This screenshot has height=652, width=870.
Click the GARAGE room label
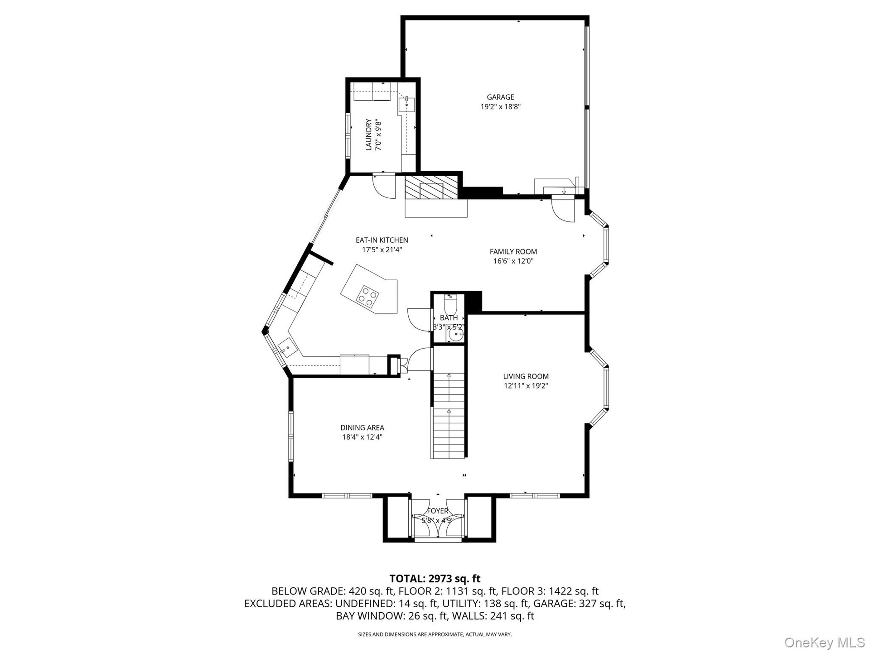[500, 97]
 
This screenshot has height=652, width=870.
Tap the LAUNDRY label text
[368, 134]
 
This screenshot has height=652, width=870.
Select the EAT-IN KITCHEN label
[382, 240]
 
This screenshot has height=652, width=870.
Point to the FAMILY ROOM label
[513, 251]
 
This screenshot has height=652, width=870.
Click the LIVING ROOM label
[526, 376]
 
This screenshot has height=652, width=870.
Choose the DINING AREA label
[362, 427]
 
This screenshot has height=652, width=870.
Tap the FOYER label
[437, 511]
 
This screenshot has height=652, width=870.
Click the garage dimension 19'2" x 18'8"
[500, 107]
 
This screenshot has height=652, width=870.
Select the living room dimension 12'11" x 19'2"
[526, 386]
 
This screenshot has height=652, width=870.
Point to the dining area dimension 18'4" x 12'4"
[362, 437]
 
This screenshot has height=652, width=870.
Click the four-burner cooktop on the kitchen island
[367, 296]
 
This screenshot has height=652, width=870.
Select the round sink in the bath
[455, 335]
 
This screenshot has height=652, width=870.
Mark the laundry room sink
[406, 105]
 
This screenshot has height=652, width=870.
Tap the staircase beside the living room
[449, 402]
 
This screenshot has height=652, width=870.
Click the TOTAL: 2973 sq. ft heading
[435, 579]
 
